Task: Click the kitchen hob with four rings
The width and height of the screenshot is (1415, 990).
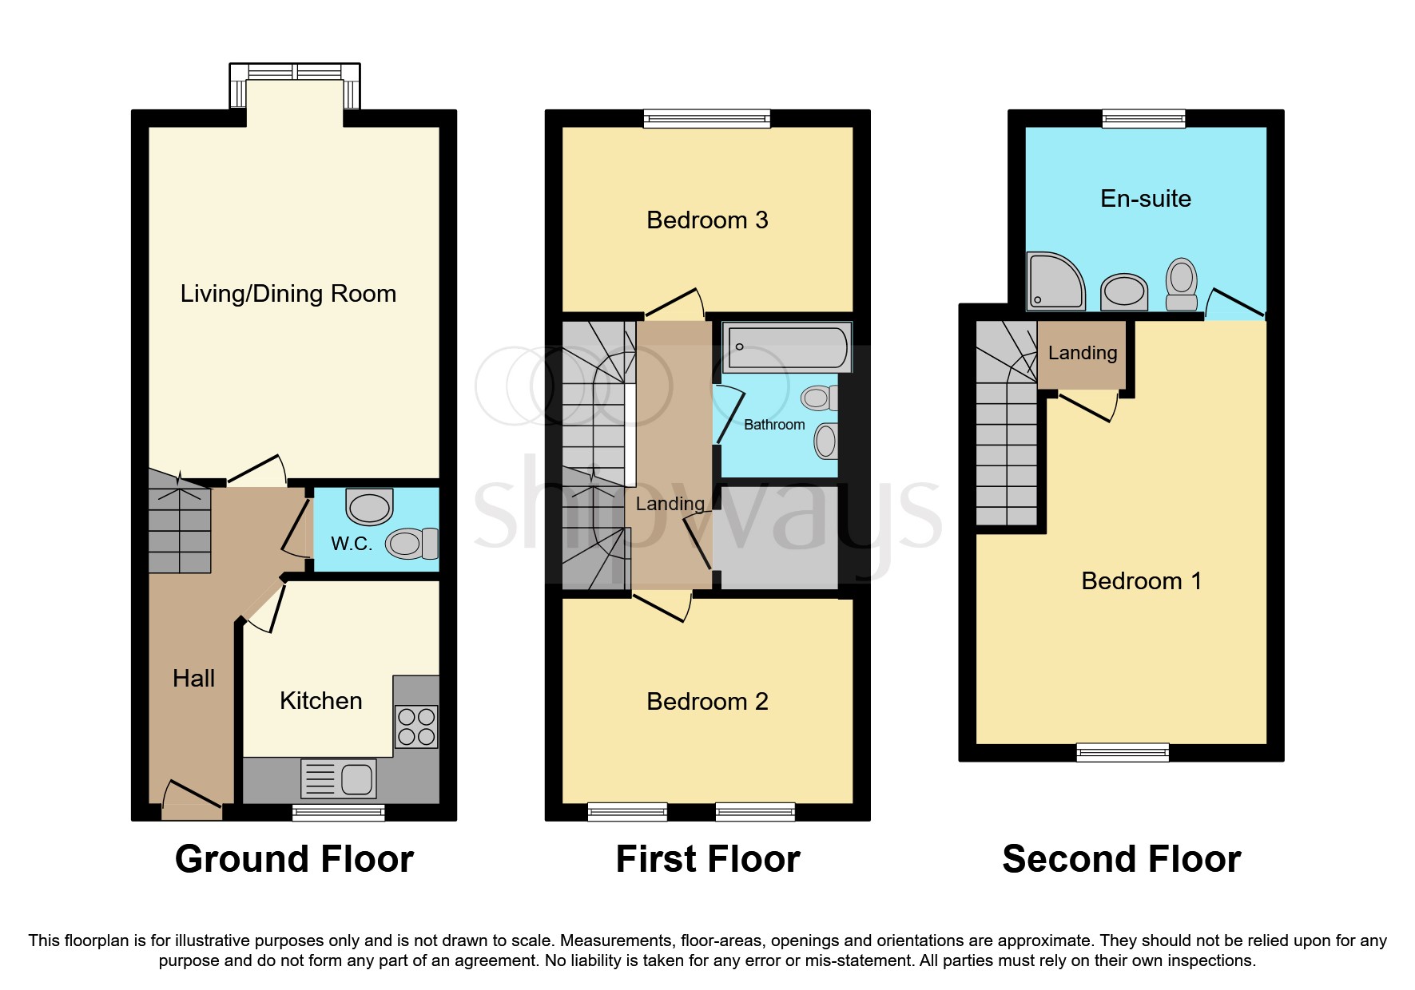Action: pos(416,726)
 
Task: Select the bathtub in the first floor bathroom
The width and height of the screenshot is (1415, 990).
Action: pos(786,347)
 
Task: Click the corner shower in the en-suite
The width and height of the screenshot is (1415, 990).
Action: pos(1055,281)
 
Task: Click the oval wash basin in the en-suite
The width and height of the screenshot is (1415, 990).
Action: pos(1124,291)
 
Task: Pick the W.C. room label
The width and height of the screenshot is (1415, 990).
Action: pos(352,544)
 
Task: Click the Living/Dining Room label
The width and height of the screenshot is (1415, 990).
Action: pos(288,294)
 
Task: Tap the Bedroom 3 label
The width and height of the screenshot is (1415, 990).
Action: pos(707,220)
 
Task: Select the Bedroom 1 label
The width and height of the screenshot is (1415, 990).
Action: pos(1141,581)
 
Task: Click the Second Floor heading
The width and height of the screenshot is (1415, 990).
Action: pos(1121,860)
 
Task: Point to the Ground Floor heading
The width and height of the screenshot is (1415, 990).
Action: pos(294,860)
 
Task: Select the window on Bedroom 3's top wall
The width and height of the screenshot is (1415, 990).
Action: pos(706,119)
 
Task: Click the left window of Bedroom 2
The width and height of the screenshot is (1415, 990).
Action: pos(627,812)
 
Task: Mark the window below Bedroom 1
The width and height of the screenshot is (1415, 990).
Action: pos(1123,752)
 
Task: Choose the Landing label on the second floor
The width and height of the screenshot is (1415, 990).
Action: pos(1082,353)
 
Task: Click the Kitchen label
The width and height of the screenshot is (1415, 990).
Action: pos(320,701)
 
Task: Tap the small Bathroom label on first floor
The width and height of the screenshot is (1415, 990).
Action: pos(774,425)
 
